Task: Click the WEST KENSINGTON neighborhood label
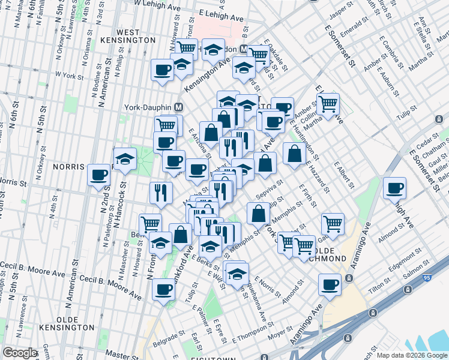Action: point(136,35)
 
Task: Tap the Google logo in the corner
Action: point(19,353)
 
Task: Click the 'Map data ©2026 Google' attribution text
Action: point(412,355)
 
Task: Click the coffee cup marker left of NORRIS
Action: point(98,175)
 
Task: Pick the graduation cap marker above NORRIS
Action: point(125,159)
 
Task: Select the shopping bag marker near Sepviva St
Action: point(258,213)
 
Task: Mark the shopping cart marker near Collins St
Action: point(328,104)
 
